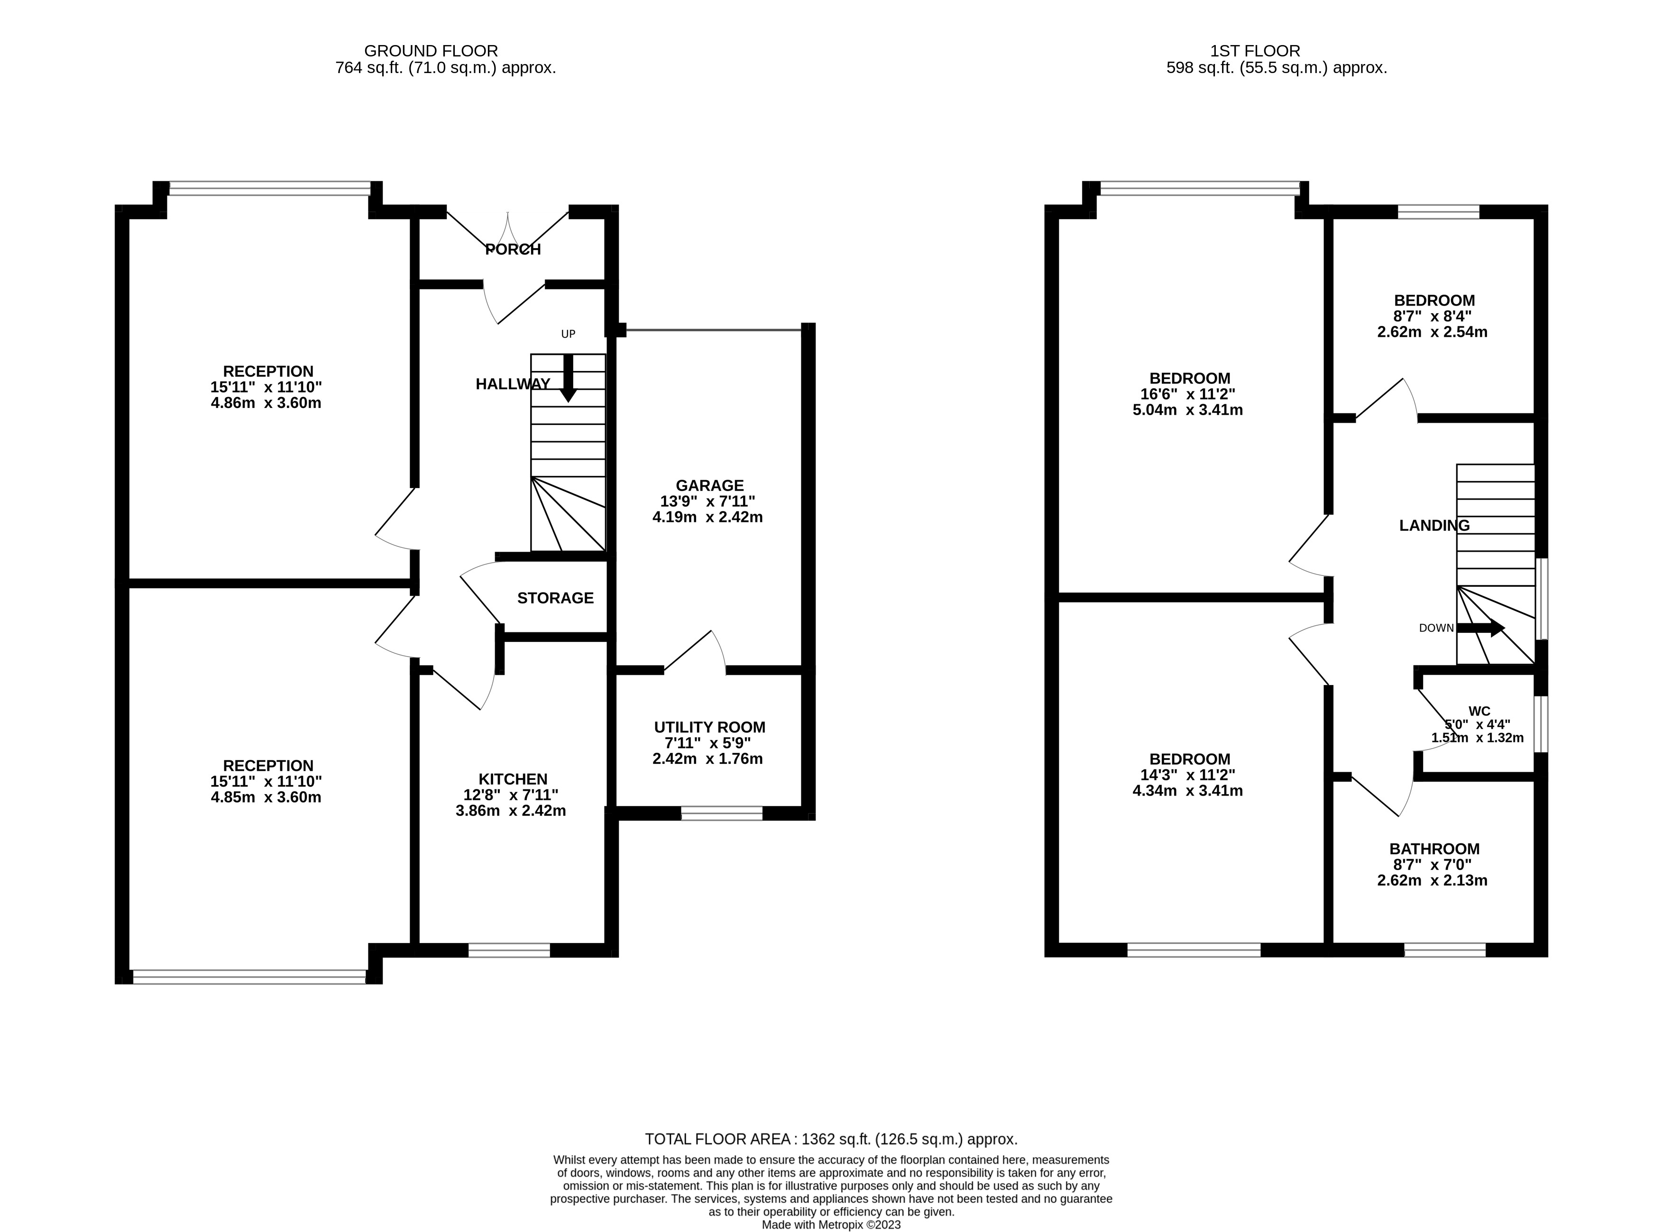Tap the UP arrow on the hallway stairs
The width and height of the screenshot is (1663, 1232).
point(568,379)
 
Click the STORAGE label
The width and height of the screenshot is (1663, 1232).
point(555,598)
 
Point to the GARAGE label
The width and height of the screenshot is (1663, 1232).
point(709,485)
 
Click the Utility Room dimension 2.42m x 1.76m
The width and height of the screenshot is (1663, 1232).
point(707,759)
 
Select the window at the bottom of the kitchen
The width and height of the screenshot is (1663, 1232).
point(509,950)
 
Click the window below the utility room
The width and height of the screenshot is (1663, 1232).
point(722,814)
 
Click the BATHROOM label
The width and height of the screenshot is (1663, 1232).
point(1434,849)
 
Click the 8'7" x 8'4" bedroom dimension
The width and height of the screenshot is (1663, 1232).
point(1432,316)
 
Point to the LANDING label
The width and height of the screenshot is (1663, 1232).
point(1433,526)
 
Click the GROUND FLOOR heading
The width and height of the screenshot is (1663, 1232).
point(431,51)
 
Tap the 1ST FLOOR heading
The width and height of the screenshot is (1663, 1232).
point(1255,51)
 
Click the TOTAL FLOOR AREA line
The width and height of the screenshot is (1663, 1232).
point(830,1139)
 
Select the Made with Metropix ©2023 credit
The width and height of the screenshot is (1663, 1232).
point(831,1224)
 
